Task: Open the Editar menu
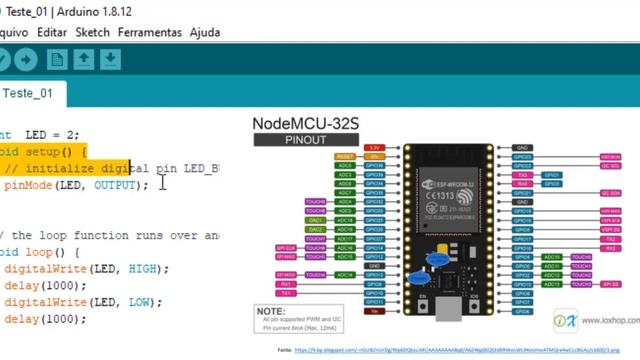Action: point(52,32)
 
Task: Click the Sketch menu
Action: point(93,32)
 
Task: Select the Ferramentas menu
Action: point(150,32)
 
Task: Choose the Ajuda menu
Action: point(204,32)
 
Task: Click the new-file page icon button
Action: point(57,60)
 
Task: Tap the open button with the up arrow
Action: point(84,60)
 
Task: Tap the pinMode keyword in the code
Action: point(25,185)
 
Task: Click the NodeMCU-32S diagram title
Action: point(305,123)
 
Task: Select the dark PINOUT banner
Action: point(305,140)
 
